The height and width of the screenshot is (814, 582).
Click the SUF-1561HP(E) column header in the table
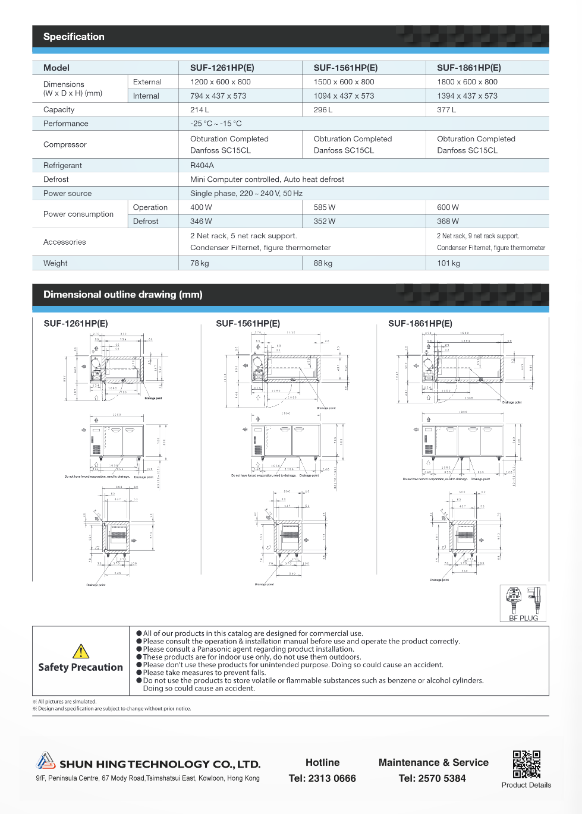[x=345, y=68]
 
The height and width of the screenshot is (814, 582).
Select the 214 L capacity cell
[x=200, y=110]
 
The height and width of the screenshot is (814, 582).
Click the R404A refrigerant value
[x=202, y=166]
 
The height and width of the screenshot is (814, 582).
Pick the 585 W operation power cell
[x=325, y=207]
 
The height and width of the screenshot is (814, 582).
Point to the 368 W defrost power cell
[x=448, y=222]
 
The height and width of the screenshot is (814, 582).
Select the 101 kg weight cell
[x=448, y=263]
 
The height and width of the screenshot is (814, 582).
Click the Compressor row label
[x=65, y=144]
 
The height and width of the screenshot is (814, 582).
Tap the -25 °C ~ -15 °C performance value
[x=216, y=124]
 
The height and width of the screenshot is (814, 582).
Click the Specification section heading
[x=74, y=37]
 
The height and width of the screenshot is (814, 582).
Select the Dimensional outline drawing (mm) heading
[x=123, y=295]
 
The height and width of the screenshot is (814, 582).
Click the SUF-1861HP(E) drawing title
[x=420, y=324]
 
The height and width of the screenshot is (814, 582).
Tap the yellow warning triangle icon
[x=81, y=651]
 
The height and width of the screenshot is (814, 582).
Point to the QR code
[x=527, y=764]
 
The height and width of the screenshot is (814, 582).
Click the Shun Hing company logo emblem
[x=45, y=761]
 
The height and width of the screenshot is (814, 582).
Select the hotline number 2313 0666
[x=322, y=778]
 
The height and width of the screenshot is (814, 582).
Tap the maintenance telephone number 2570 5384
[x=432, y=778]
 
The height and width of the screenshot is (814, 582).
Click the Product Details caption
[x=526, y=785]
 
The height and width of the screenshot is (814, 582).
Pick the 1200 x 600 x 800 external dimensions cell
[x=221, y=82]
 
